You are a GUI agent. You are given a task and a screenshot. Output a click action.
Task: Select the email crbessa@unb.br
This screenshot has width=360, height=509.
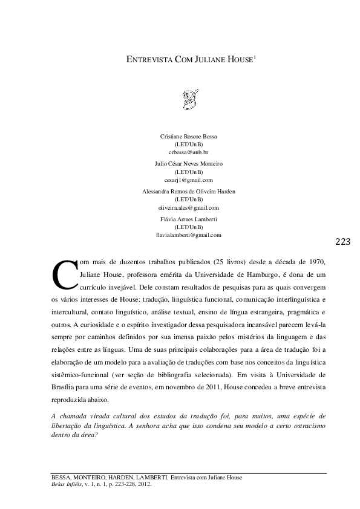tap(188, 154)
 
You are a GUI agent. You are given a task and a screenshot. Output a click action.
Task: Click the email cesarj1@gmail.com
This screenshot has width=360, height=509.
tap(188, 180)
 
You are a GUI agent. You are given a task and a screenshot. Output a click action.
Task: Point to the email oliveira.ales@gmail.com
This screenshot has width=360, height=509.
tap(188, 207)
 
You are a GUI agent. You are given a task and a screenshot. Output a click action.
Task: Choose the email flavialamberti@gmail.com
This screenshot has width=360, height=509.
tap(188, 235)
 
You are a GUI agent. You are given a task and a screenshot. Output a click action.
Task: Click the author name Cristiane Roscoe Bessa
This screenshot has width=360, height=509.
tap(188, 137)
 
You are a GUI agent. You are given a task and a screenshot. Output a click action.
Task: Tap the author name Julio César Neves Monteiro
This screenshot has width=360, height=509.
tap(188, 164)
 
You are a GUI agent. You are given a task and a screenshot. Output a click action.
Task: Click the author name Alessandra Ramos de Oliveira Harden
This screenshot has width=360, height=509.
tap(188, 191)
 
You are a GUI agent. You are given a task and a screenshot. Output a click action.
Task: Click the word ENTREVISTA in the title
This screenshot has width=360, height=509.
tap(147, 61)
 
